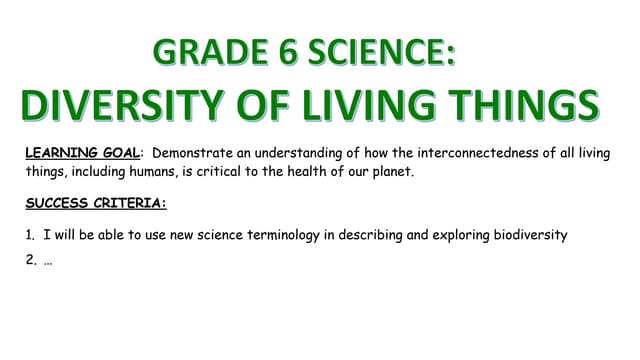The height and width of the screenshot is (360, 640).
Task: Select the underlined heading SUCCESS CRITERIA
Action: click(95, 203)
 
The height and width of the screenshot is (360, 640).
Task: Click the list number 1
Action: click(30, 235)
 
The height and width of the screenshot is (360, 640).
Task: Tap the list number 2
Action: click(30, 260)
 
